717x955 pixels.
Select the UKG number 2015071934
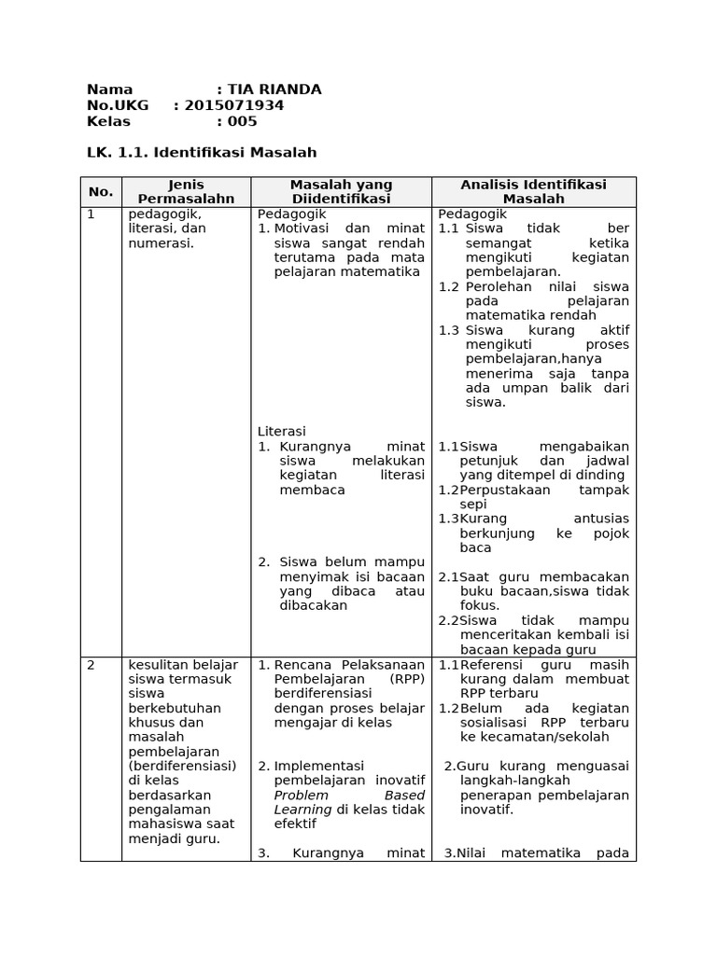pyautogui.click(x=234, y=105)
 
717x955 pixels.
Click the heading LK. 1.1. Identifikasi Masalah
pyautogui.click(x=202, y=152)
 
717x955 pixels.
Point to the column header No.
pyautogui.click(x=101, y=192)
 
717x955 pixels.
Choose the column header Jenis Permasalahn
pyautogui.click(x=186, y=192)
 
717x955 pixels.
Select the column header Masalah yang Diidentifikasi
pyautogui.click(x=341, y=192)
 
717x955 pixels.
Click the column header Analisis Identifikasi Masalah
pyautogui.click(x=533, y=192)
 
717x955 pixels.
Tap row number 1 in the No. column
pyautogui.click(x=91, y=214)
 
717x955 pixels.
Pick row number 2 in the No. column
pyautogui.click(x=91, y=665)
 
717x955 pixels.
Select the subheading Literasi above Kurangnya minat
pyautogui.click(x=281, y=431)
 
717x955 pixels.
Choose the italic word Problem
pyautogui.click(x=301, y=795)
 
